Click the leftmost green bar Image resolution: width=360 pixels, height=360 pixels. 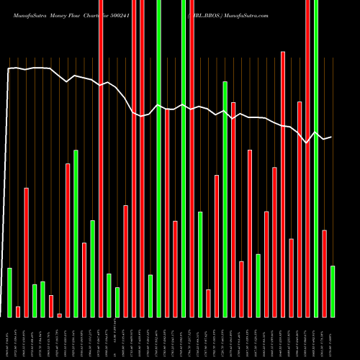coord(9,292)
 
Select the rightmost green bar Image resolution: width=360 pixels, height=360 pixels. coord(333,292)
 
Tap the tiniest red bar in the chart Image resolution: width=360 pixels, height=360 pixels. coord(59,315)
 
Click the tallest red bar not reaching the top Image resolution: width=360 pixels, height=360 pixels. coord(283,184)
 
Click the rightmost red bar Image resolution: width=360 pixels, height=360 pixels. coord(324,274)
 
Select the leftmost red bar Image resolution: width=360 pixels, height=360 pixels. coord(18,311)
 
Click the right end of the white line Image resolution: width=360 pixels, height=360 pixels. coord(331,137)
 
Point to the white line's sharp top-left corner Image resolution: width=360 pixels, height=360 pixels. coord(9,69)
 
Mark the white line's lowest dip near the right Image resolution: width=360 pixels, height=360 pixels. coord(307,143)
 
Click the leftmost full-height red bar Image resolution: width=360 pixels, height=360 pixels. coord(101,158)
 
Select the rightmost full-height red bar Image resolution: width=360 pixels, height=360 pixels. coord(307,158)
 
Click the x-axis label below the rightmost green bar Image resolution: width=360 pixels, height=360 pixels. coord(333,338)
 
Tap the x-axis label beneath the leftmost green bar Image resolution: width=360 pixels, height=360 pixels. coord(9,338)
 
